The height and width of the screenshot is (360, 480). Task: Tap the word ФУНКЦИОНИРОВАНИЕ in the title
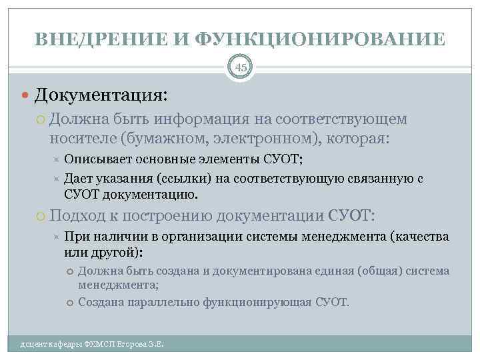click(320, 39)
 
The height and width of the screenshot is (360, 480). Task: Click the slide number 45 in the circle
click(240, 67)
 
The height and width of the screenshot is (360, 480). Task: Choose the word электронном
click(247, 139)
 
